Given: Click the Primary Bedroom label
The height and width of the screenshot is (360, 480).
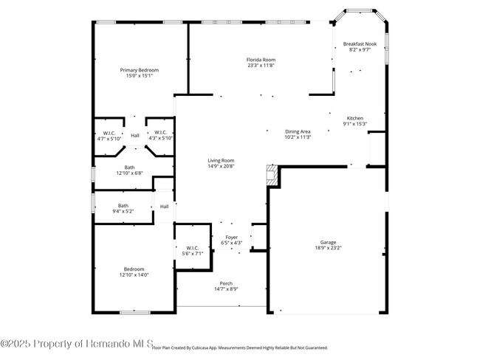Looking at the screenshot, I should pyautogui.click(x=140, y=72).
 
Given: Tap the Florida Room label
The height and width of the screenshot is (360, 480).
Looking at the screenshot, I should pyautogui.click(x=261, y=62).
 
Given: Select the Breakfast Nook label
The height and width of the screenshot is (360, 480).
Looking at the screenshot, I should pyautogui.click(x=360, y=47).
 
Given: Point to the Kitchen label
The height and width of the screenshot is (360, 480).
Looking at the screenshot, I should pyautogui.click(x=355, y=121).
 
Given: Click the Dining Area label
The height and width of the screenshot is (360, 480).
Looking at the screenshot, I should pyautogui.click(x=298, y=134).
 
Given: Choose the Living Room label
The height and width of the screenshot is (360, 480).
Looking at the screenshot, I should pyautogui.click(x=220, y=163).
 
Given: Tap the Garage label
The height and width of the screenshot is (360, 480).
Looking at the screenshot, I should pyautogui.click(x=329, y=245).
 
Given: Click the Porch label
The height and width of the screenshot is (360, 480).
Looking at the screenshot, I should pyautogui.click(x=226, y=286).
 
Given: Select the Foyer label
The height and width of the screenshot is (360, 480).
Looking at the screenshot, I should pyautogui.click(x=232, y=240).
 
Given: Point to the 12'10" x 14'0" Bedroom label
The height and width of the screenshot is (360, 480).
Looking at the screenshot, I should pyautogui.click(x=134, y=272).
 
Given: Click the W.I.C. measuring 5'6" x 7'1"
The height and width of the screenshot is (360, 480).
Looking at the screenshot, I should pyautogui.click(x=192, y=251).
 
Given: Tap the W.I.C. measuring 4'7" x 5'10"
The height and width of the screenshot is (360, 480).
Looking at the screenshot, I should pyautogui.click(x=109, y=135).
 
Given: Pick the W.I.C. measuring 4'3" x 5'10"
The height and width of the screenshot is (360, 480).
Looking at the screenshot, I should pyautogui.click(x=160, y=135).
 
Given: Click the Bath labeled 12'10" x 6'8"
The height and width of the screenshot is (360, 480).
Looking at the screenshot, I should pyautogui.click(x=129, y=170).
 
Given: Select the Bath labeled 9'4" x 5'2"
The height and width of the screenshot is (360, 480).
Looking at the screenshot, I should pyautogui.click(x=123, y=208).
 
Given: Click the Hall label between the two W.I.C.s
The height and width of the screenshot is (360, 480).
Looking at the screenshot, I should pyautogui.click(x=135, y=136).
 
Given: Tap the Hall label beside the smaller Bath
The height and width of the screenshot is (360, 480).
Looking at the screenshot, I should pyautogui.click(x=164, y=207).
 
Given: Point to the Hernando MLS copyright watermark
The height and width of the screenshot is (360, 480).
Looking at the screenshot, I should pyautogui.click(x=77, y=344).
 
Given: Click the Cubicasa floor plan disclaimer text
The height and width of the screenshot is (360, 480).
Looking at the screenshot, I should pyautogui.click(x=239, y=347).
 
